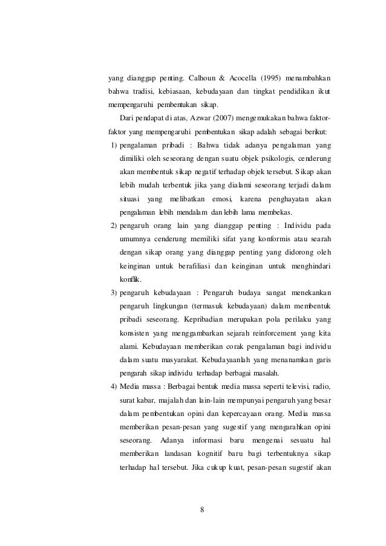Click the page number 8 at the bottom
tap(202, 508)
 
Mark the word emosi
tap(219, 199)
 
